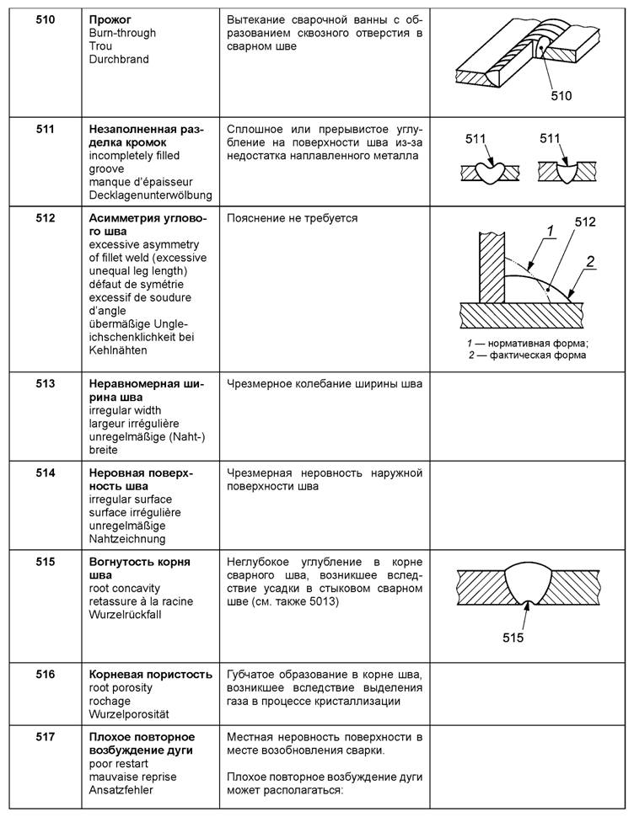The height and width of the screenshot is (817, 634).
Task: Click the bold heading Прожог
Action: point(110,19)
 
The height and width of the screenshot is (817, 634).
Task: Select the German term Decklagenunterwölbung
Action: point(150,195)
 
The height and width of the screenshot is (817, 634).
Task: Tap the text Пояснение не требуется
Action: point(292,218)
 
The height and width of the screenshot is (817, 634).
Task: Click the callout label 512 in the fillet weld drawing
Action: point(584,222)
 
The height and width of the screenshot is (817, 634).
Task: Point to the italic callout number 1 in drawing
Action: point(549,230)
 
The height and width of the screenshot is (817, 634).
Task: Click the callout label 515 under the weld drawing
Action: point(512,638)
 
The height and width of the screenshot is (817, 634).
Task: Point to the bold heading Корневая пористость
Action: point(150,675)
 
